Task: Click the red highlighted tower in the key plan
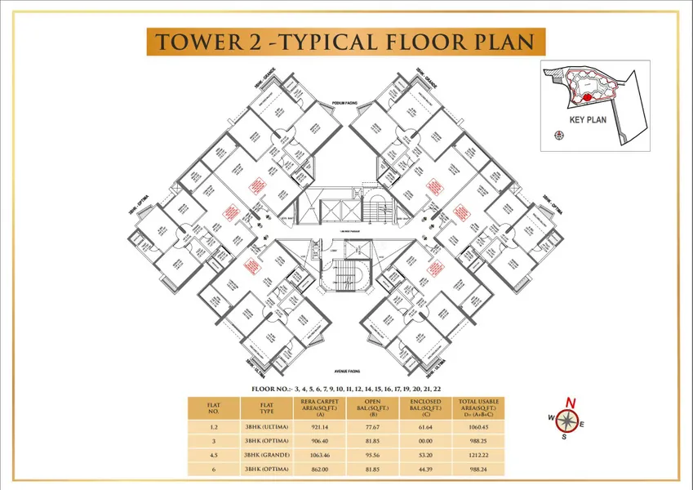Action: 585,98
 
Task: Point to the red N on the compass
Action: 571,402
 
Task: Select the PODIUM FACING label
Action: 347,103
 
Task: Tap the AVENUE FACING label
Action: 347,369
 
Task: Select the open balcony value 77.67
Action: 368,426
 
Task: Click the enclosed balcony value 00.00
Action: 426,440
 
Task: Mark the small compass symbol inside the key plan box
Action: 558,137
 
